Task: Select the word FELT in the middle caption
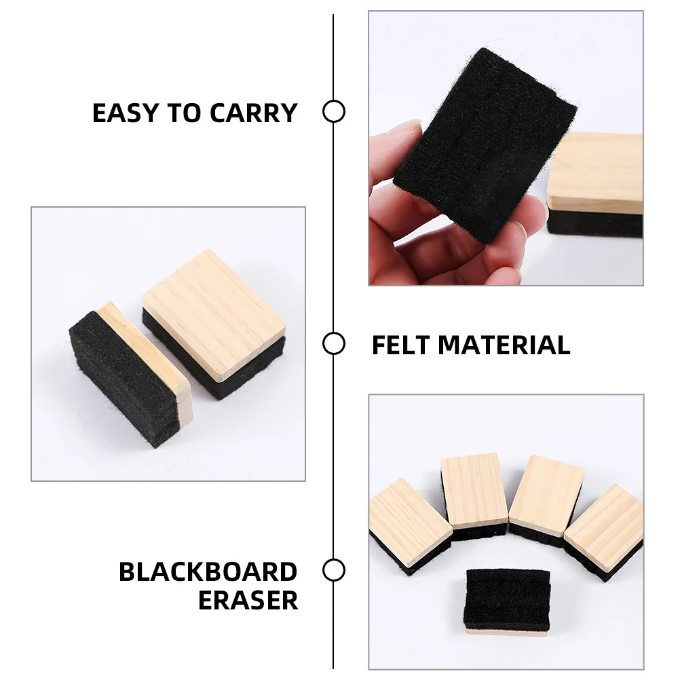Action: [x=400, y=345]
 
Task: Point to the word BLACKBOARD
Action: [x=208, y=572]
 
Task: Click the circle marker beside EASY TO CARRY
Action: [x=333, y=111]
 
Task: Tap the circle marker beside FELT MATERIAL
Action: [x=333, y=344]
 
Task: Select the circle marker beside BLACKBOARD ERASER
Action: [x=333, y=570]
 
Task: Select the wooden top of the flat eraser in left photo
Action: [x=214, y=312]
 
